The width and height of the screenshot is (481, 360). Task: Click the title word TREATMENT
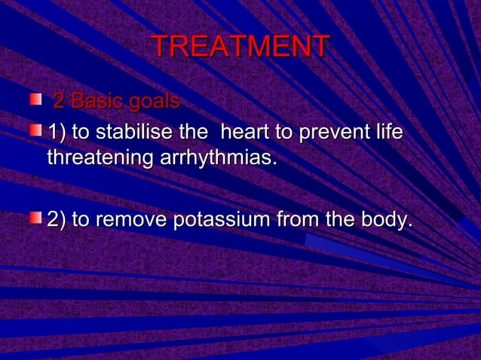240,47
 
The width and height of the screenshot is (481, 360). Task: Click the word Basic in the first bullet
95,101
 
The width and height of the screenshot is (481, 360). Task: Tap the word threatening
100,159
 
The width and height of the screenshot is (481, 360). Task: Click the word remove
130,221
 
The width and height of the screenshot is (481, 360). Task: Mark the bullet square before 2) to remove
35,218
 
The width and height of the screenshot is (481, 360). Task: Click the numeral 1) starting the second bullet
57,133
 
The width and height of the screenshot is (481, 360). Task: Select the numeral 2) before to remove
57,221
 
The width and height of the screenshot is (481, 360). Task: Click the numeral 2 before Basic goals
57,101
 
